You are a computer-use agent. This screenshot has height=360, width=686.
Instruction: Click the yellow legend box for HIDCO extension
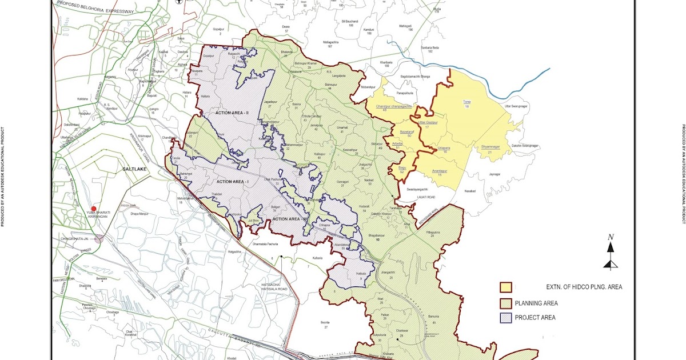coord(505,287)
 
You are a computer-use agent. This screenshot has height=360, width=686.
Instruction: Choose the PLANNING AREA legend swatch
coord(505,303)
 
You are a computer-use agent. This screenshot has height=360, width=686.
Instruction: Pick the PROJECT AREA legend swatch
coord(505,317)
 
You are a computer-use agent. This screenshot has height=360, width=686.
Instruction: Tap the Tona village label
coord(466,101)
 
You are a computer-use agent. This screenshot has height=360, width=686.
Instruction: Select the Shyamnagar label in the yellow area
coord(490,147)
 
